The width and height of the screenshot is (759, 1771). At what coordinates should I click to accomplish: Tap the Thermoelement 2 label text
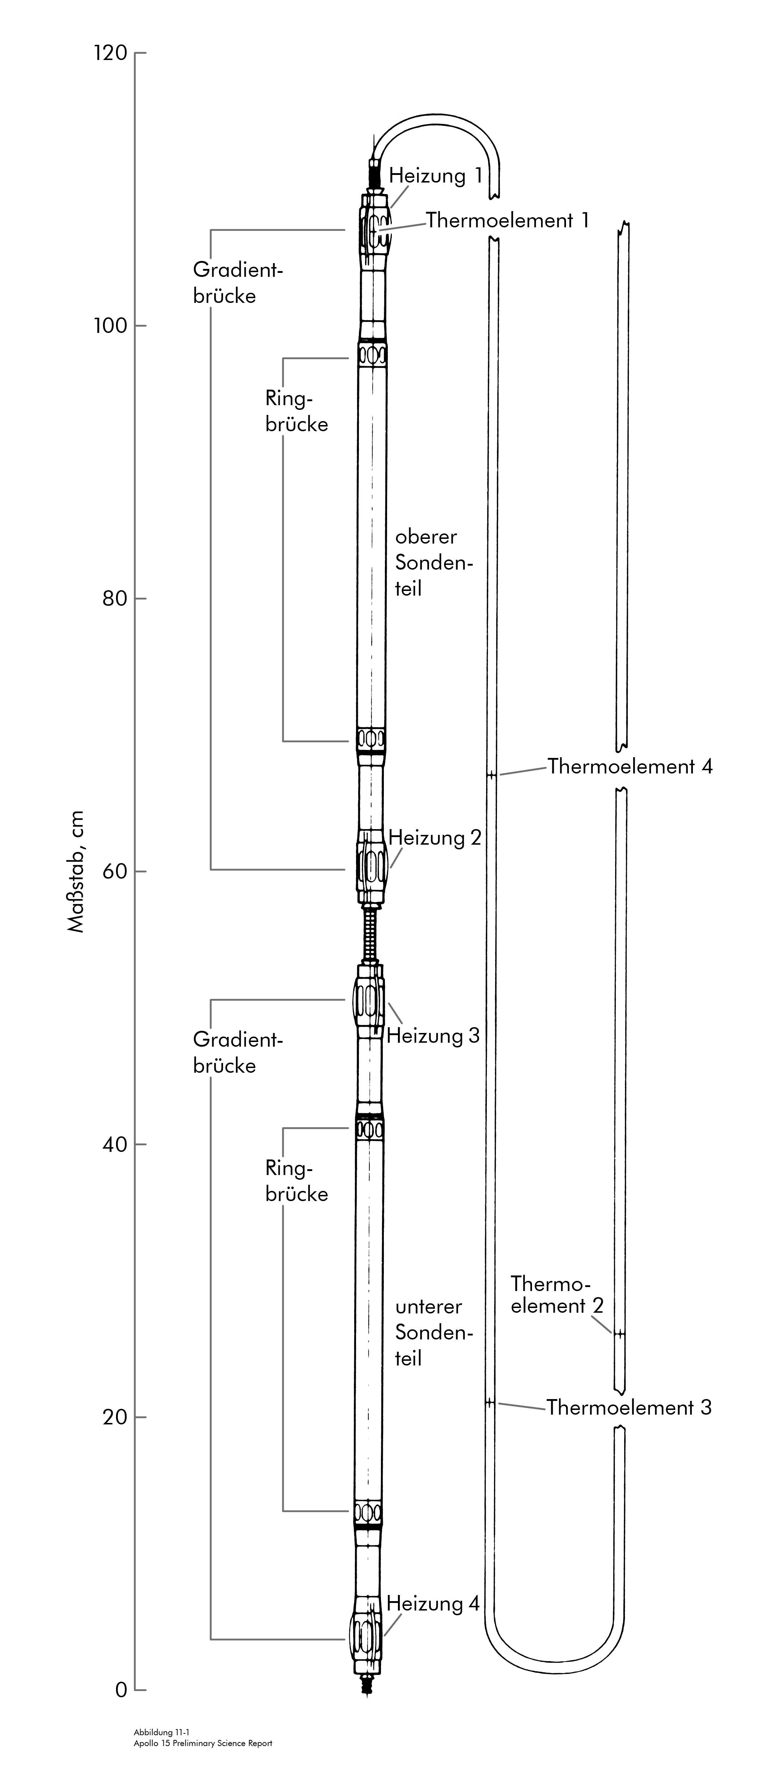(x=551, y=1295)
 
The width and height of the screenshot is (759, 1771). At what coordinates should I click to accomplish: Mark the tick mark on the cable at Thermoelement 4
(x=491, y=776)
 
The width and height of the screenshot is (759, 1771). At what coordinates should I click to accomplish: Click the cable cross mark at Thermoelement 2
(x=619, y=1334)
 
